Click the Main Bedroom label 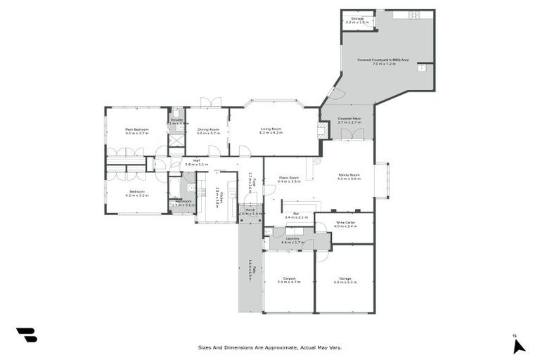(x=136, y=129)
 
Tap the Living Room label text (x=271, y=129)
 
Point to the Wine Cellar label (x=345, y=223)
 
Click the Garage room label (x=345, y=278)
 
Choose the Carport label (x=289, y=278)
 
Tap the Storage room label (x=356, y=20)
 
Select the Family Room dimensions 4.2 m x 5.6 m (x=349, y=179)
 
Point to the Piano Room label (x=289, y=177)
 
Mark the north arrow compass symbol (x=518, y=345)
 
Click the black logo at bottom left (x=26, y=335)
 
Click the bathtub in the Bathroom (x=174, y=188)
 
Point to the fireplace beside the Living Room (x=323, y=131)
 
